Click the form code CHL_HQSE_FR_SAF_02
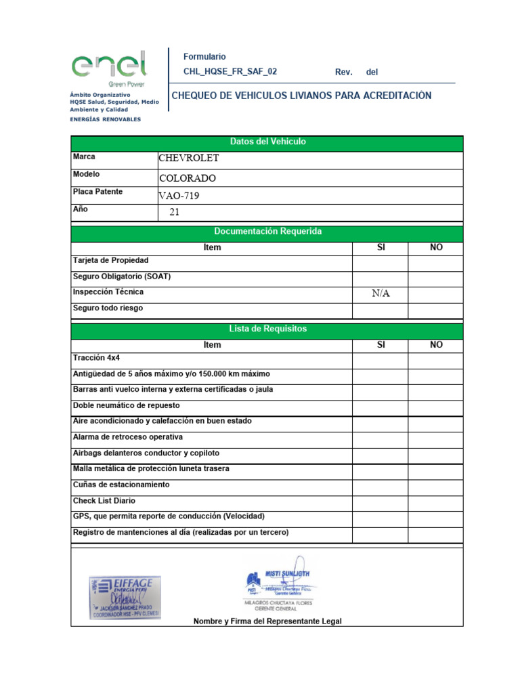tap(230, 72)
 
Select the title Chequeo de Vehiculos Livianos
tap(301, 96)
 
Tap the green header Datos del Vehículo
tap(267, 142)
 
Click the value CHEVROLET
tap(189, 159)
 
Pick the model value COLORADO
tap(188, 178)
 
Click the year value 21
tap(175, 212)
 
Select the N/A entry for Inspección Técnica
tap(381, 293)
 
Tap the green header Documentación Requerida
tap(267, 232)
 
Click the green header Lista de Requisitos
tap(267, 329)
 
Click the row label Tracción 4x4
tap(96, 358)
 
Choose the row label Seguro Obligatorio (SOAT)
tap(122, 277)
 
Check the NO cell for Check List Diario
tap(435, 502)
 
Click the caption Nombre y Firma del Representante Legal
tap(267, 621)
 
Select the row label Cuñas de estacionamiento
tap(121, 485)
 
